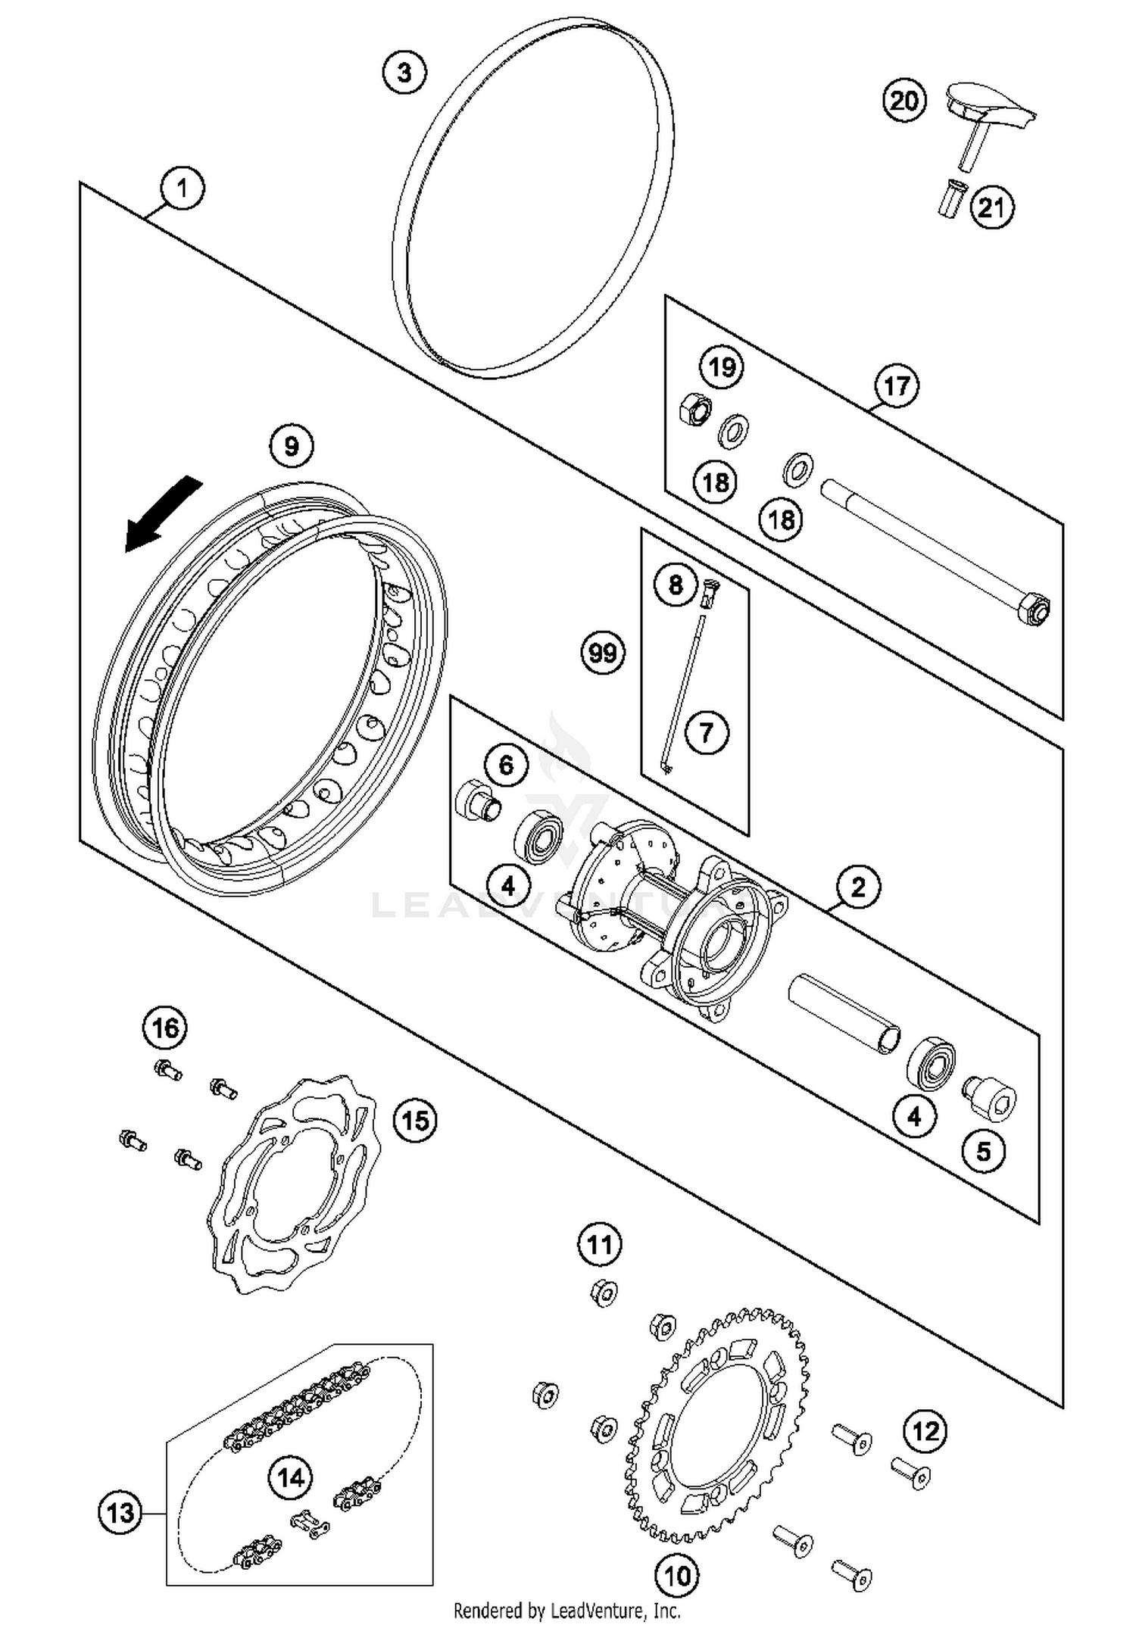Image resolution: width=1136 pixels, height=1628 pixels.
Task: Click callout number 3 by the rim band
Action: click(404, 73)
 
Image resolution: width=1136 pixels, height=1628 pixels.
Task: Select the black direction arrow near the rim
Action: click(161, 515)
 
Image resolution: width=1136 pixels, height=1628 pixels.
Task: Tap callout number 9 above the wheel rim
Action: click(292, 446)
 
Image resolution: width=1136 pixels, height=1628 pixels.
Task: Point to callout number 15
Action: click(415, 1120)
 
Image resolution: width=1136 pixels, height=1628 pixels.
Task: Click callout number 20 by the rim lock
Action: click(904, 100)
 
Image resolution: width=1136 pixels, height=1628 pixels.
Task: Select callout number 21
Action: click(992, 207)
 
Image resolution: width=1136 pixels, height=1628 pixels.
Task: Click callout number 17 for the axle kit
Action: click(897, 385)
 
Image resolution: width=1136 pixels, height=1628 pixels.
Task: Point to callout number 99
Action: click(603, 652)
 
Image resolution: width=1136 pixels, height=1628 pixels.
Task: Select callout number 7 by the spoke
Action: click(707, 732)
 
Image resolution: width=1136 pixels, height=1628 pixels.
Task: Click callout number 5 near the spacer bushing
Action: click(983, 1152)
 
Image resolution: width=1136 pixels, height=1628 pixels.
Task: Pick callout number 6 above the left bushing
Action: click(507, 765)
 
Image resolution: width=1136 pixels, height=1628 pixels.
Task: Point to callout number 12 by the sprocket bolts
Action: click(925, 1431)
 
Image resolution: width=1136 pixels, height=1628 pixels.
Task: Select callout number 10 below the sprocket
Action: click(677, 1576)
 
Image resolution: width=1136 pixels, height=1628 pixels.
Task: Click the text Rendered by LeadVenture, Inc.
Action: click(566, 1610)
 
